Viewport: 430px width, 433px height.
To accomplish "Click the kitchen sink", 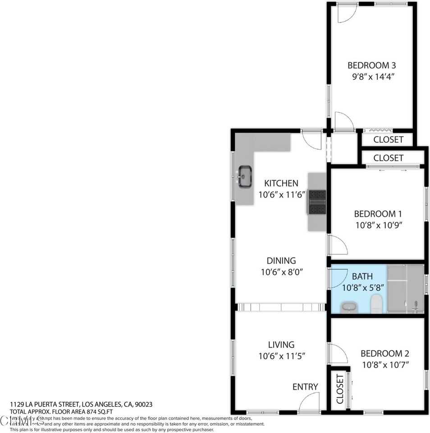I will click(x=245, y=176).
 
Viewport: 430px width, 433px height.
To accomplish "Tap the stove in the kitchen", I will click(x=317, y=202).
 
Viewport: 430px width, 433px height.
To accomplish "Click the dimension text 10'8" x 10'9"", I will click(x=378, y=225).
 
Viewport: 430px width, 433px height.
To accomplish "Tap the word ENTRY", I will click(x=305, y=387).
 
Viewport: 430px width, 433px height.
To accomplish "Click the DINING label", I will click(x=281, y=261).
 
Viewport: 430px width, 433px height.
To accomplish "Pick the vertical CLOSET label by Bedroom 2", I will click(x=340, y=389).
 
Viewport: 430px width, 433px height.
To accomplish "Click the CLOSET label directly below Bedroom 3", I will click(x=388, y=139).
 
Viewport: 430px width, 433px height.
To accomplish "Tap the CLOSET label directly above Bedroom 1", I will click(x=388, y=158).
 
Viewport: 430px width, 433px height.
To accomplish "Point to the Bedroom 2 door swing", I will click(x=338, y=353).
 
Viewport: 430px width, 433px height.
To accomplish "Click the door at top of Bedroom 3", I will click(x=346, y=14).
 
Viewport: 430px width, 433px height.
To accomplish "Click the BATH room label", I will click(x=362, y=276).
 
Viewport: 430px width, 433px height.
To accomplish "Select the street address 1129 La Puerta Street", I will click(x=45, y=405).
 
